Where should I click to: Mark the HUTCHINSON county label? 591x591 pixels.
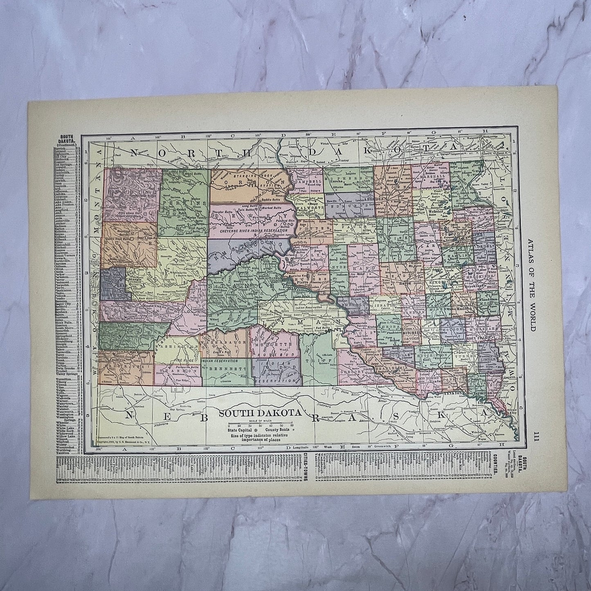(432, 356)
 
